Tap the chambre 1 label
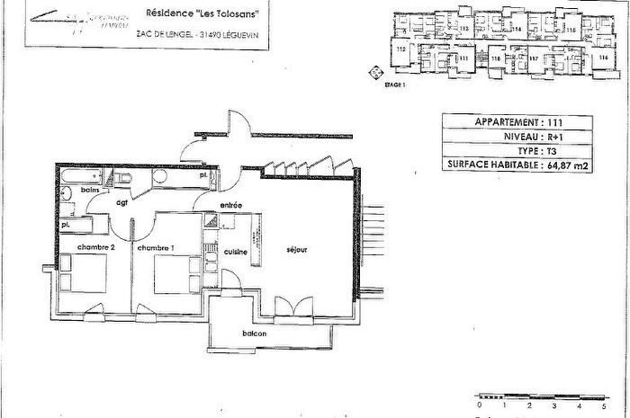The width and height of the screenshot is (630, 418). [157, 247]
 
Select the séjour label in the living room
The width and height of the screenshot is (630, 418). [297, 250]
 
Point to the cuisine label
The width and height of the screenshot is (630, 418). [236, 252]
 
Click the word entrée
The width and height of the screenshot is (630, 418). [230, 207]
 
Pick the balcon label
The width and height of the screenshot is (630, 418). [253, 334]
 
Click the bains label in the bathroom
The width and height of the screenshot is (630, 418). [88, 191]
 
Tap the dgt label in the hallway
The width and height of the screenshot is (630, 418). [121, 204]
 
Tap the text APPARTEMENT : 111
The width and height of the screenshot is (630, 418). [516, 121]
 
